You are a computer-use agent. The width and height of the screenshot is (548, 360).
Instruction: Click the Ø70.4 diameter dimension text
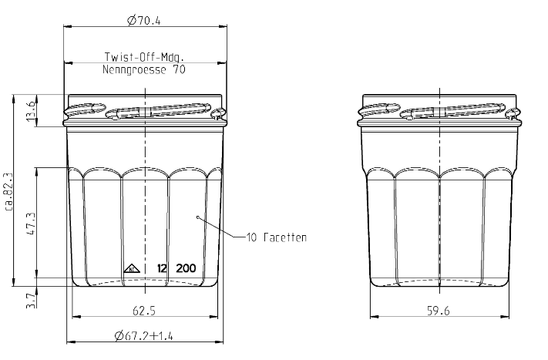pyautogui.click(x=143, y=21)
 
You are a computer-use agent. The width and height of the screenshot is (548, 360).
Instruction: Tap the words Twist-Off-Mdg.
pyautogui.click(x=144, y=56)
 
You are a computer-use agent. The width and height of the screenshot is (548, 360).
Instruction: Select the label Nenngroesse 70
pyautogui.click(x=144, y=69)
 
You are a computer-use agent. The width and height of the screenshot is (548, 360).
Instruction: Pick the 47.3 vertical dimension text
pyautogui.click(x=31, y=223)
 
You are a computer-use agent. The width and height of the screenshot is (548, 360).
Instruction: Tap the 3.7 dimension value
pyautogui.click(x=31, y=301)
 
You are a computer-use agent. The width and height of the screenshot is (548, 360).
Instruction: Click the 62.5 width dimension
pyautogui.click(x=144, y=311)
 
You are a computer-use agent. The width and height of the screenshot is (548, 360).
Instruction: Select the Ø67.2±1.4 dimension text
pyautogui.click(x=143, y=336)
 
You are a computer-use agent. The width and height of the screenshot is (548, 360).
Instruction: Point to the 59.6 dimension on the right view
pyautogui.click(x=439, y=311)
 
